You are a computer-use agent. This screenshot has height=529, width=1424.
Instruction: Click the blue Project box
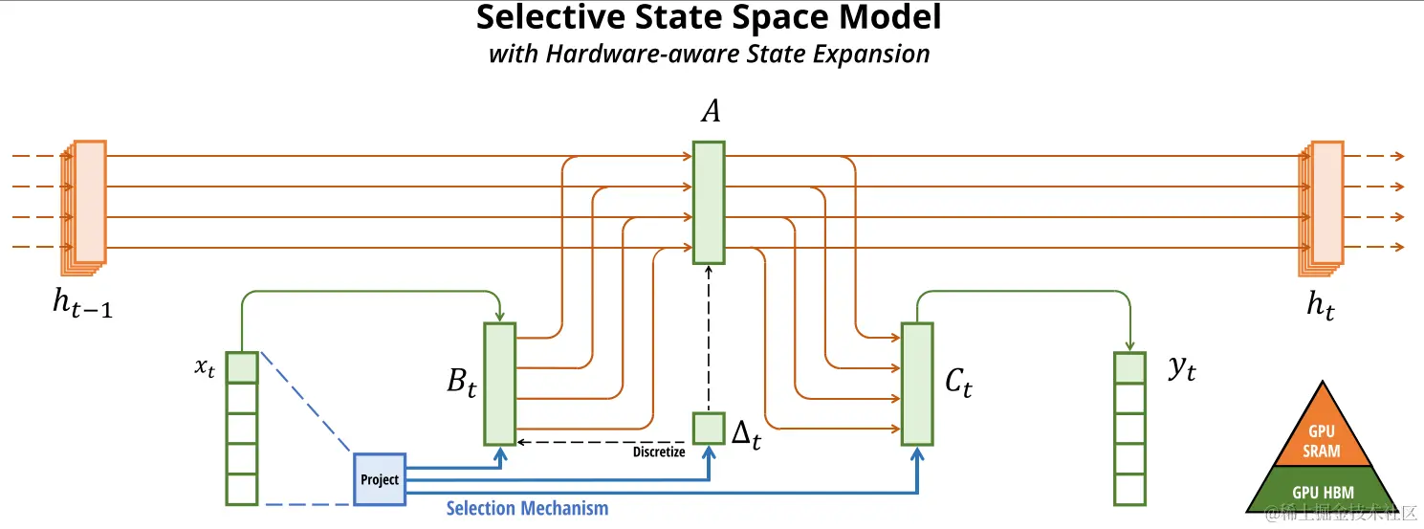click(380, 478)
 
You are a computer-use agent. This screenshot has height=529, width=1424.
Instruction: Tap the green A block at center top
click(709, 202)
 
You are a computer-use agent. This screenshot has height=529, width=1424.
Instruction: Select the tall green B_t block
click(499, 384)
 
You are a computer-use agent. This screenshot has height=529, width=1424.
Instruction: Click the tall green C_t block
click(917, 384)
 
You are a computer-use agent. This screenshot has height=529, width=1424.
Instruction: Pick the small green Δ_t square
click(709, 428)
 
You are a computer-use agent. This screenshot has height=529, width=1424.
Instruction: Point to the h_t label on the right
click(1321, 305)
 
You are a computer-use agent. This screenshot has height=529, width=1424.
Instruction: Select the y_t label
click(1182, 369)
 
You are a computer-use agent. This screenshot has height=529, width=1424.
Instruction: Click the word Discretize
click(659, 452)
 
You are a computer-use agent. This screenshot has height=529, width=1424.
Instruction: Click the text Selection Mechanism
click(527, 508)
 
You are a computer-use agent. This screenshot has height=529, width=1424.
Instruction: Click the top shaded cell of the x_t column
click(242, 367)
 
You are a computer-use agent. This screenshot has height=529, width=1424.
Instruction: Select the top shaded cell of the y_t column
click(1129, 368)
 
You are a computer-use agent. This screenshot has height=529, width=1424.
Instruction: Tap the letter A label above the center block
click(710, 112)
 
